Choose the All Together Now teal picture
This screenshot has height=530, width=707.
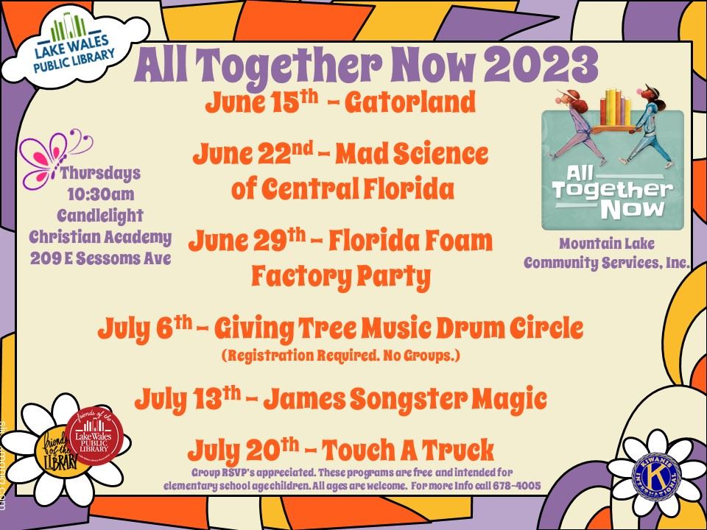612,169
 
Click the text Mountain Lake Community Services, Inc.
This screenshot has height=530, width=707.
606,252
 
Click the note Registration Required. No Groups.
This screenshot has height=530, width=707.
340,355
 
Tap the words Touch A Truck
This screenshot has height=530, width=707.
417,448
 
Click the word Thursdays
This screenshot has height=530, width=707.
100,174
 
